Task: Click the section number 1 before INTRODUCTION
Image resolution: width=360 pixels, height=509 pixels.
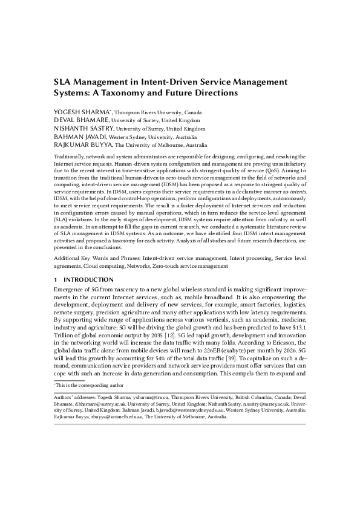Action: pyautogui.click(x=56, y=280)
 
